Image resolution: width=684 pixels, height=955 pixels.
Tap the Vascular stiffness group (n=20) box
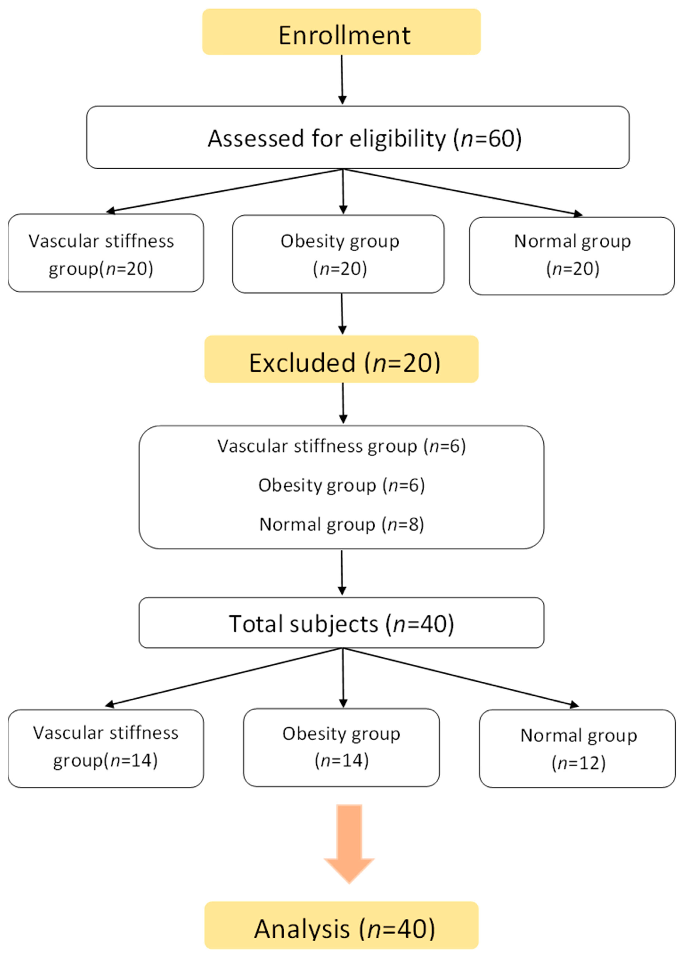pos(106,253)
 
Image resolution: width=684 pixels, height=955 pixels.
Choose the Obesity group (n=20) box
pos(338,254)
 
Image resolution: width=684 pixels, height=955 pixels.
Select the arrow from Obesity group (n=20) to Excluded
pos(342,314)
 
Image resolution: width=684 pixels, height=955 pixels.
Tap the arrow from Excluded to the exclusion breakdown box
pos(343,403)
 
